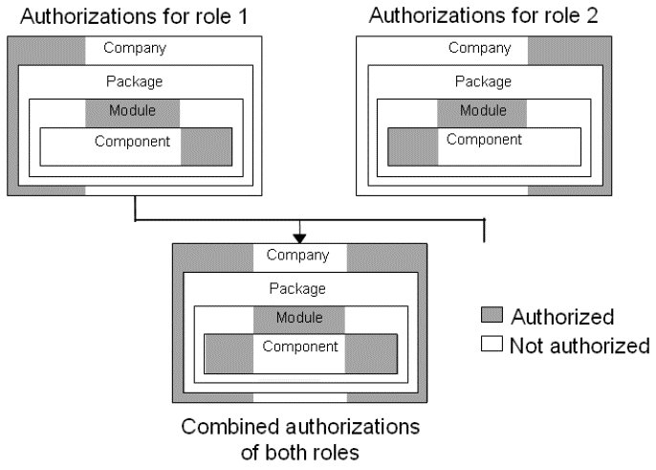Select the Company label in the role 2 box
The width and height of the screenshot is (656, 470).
click(x=478, y=48)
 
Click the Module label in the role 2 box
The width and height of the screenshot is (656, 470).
click(x=483, y=111)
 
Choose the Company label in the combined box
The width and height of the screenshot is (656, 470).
click(x=297, y=256)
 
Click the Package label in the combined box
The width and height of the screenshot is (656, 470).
click(x=297, y=288)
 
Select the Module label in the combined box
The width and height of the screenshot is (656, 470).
click(x=299, y=318)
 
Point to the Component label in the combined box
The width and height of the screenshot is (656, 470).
click(x=299, y=347)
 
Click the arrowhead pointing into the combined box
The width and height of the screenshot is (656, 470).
click(x=299, y=235)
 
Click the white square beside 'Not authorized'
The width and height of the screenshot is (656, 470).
click(x=492, y=345)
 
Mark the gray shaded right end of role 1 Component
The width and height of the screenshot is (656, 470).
click(x=206, y=145)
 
